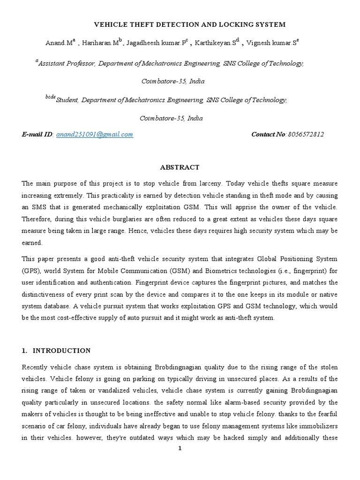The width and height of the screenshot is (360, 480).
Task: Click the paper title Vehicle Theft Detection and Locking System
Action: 189,24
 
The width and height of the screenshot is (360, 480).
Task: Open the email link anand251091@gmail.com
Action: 94,135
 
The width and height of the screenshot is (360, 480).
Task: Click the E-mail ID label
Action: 37,135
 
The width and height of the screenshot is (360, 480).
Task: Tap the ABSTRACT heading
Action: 180,167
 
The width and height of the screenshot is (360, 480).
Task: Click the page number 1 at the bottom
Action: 180,448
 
